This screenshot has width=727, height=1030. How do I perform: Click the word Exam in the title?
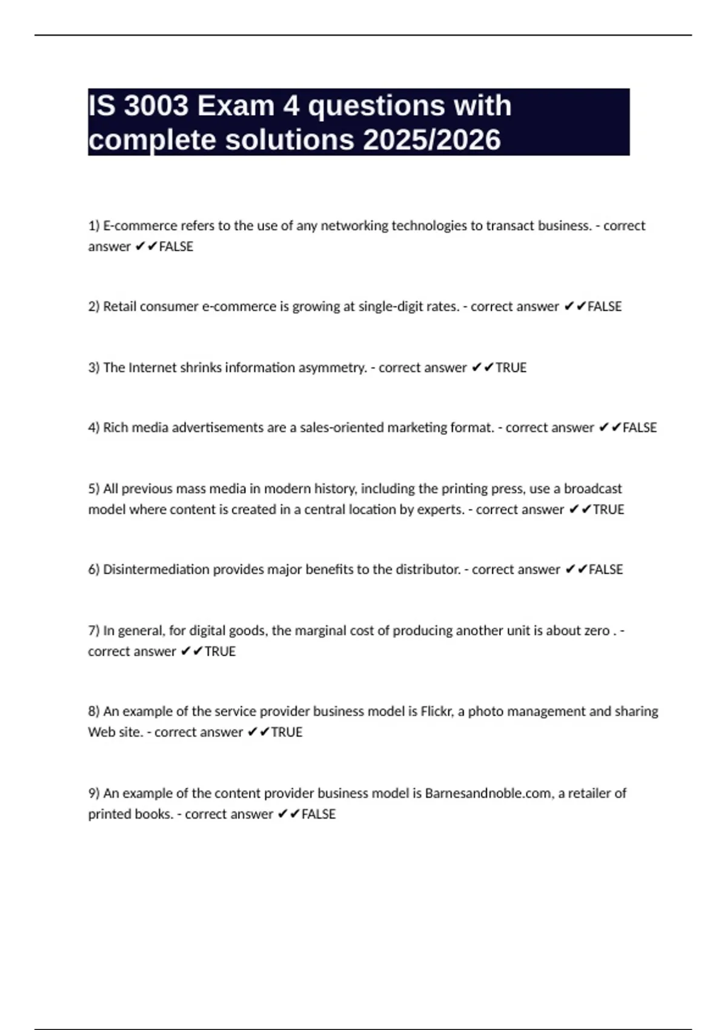(236, 106)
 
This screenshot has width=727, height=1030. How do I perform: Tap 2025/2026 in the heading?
(432, 140)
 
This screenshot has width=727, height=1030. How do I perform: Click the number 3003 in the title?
(156, 106)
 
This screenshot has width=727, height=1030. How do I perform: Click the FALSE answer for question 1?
(176, 247)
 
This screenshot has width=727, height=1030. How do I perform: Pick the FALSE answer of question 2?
(605, 307)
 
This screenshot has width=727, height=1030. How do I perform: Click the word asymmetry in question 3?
(335, 368)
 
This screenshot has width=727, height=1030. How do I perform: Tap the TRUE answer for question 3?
(511, 368)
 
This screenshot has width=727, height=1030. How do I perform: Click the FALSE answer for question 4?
(640, 428)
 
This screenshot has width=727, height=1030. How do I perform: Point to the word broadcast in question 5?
(593, 489)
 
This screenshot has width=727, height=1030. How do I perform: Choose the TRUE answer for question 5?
(608, 510)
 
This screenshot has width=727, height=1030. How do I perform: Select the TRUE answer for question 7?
(220, 651)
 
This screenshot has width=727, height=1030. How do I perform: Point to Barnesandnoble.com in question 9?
(488, 793)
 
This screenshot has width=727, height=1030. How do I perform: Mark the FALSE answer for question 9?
(318, 814)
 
